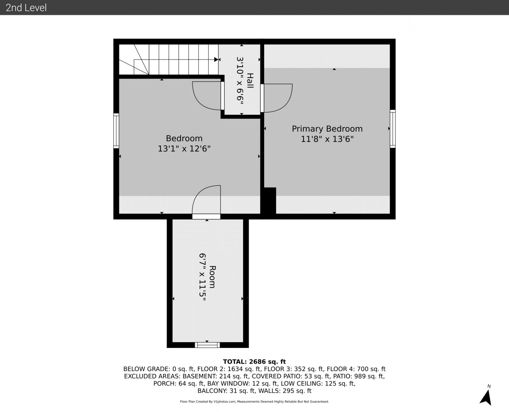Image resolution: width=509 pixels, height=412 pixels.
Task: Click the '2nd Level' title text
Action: pyautogui.click(x=26, y=8)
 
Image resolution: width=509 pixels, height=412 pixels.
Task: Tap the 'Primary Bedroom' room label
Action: pyautogui.click(x=327, y=129)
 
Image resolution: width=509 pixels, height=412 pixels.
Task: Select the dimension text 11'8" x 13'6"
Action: pyautogui.click(x=327, y=139)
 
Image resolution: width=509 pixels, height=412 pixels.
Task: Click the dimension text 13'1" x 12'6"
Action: pyautogui.click(x=184, y=149)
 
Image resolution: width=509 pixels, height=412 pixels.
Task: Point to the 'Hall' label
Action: pyautogui.click(x=250, y=81)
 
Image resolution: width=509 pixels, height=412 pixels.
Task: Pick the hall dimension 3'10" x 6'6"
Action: pyautogui.click(x=240, y=80)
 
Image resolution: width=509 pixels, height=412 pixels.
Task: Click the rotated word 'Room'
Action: pyautogui.click(x=212, y=277)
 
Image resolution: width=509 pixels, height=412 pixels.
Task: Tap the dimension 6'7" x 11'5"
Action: pyautogui.click(x=202, y=277)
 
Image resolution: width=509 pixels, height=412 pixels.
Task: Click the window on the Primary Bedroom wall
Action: pyautogui.click(x=393, y=129)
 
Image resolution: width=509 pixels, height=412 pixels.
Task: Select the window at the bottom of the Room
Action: pyautogui.click(x=207, y=345)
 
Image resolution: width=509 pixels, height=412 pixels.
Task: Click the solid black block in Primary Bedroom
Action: pyautogui.click(x=270, y=201)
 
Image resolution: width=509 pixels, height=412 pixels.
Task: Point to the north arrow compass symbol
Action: pyautogui.click(x=486, y=398)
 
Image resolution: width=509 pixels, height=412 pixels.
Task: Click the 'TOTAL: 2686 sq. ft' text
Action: pyautogui.click(x=254, y=362)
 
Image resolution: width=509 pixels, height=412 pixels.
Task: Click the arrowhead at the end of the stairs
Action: pyautogui.click(x=216, y=60)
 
